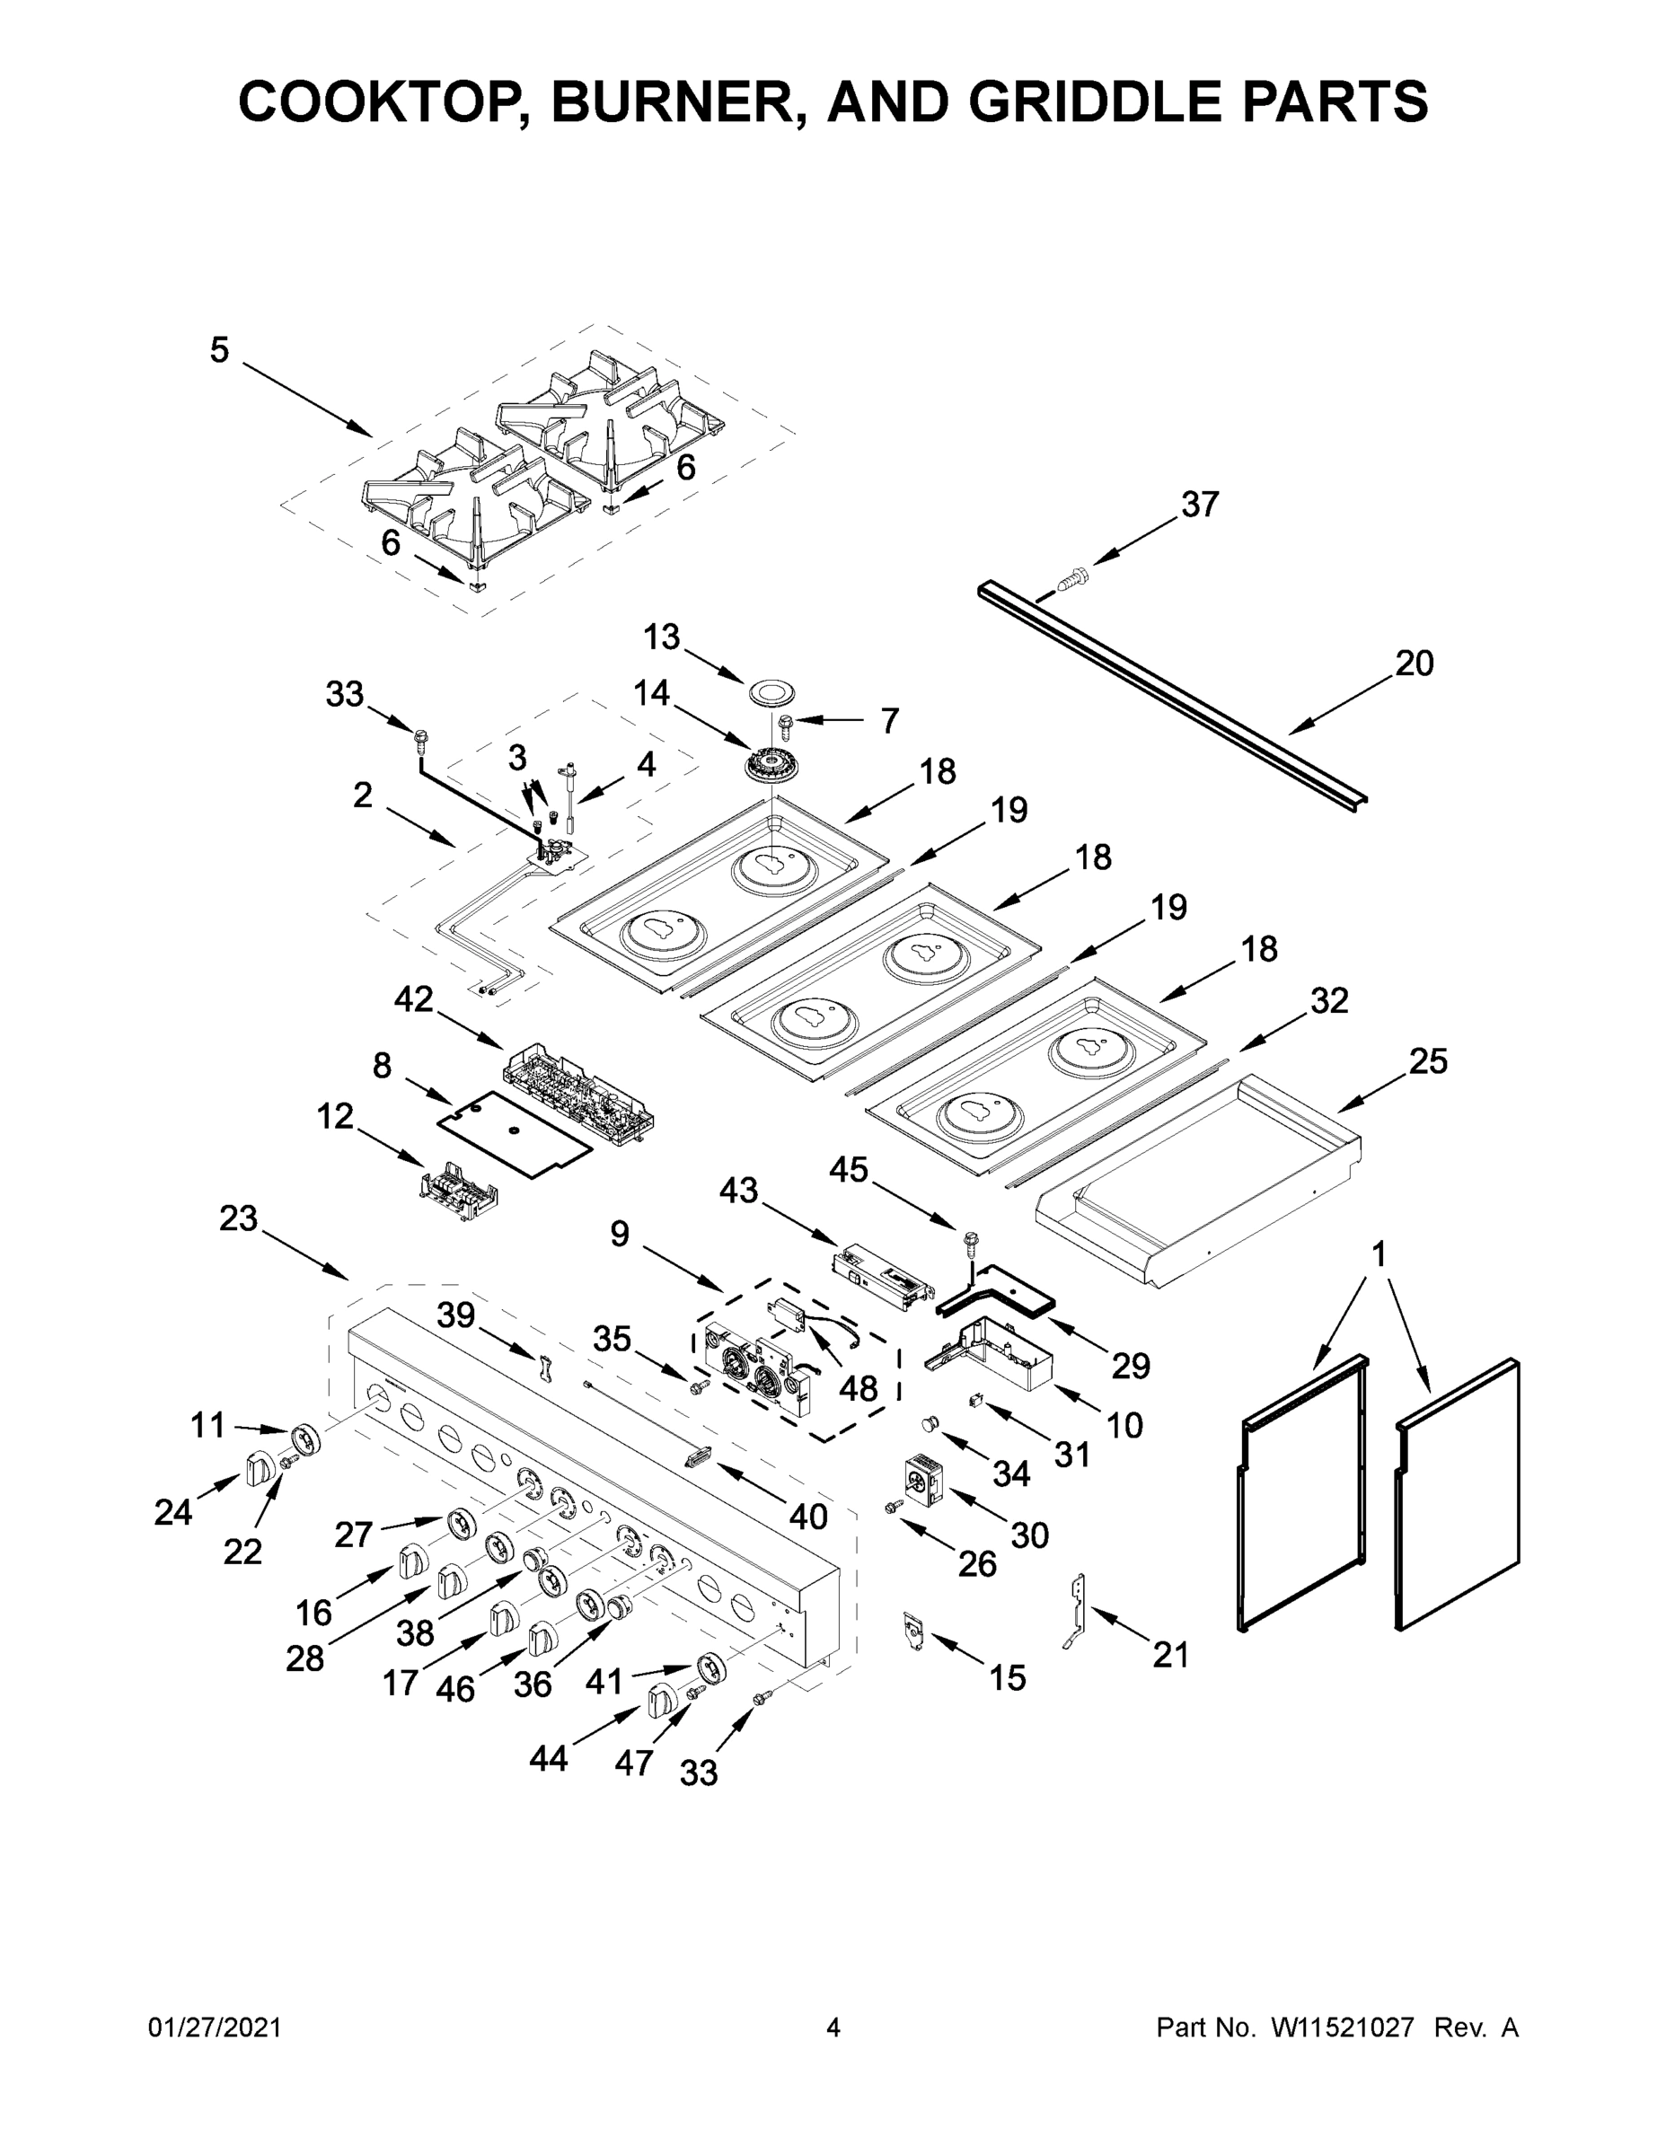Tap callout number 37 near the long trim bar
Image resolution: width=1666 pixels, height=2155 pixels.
click(1199, 505)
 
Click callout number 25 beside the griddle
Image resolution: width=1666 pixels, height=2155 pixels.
click(1427, 1061)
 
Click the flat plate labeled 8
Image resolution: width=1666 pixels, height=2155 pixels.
click(513, 1131)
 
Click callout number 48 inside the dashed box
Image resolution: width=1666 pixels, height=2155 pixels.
click(858, 1388)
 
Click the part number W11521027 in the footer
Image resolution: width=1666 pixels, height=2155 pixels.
click(1343, 2027)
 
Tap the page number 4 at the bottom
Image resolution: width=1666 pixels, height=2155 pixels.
click(833, 2027)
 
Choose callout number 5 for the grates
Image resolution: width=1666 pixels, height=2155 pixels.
click(219, 350)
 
